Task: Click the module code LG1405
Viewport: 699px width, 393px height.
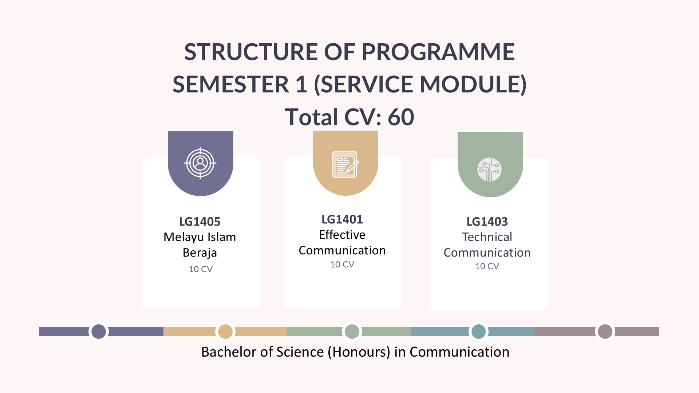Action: (200, 222)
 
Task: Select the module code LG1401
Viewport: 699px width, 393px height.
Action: (342, 219)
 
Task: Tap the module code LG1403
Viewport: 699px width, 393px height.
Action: (487, 222)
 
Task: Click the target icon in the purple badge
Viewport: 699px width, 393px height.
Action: (200, 163)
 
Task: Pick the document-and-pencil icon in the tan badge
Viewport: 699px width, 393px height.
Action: (345, 164)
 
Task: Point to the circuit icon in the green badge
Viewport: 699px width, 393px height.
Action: (490, 170)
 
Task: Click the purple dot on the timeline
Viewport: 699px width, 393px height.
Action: (99, 332)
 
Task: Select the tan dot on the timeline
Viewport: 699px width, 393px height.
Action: (225, 332)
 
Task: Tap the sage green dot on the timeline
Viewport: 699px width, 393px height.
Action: (352, 332)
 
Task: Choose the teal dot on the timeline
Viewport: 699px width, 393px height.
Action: (479, 332)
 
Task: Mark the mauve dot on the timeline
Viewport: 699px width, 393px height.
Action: (605, 332)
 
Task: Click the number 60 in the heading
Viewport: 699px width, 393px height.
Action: (401, 117)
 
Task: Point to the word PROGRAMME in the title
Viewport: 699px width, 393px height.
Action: (438, 52)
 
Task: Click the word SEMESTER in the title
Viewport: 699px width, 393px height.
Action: (231, 84)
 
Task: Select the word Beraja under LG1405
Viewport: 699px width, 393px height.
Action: (200, 253)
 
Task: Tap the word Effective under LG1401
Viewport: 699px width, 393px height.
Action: (342, 235)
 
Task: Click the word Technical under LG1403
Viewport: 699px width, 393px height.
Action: (487, 237)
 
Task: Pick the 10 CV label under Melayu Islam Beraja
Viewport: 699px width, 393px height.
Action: (201, 269)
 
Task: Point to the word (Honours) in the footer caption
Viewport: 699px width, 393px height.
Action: (359, 352)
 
